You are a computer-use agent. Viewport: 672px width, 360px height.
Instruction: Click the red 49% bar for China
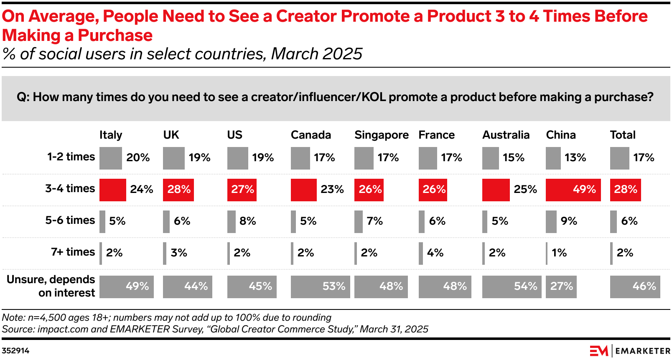(x=573, y=190)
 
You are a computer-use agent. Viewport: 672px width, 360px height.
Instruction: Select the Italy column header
(x=111, y=135)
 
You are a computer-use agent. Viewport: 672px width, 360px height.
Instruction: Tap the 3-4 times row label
(x=70, y=188)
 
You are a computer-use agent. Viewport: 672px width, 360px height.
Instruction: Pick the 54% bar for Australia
(x=512, y=286)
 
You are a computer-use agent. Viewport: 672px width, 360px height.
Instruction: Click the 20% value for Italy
(x=138, y=157)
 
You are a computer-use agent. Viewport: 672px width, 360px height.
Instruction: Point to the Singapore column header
(x=381, y=135)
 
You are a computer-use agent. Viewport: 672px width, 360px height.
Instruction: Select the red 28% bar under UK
(x=178, y=190)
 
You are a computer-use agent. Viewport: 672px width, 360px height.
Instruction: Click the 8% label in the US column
(x=247, y=221)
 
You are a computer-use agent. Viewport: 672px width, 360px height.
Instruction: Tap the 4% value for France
(x=435, y=253)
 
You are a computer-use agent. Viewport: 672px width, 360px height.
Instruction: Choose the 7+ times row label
(x=73, y=252)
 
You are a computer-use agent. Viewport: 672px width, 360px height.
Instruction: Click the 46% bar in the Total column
(x=635, y=286)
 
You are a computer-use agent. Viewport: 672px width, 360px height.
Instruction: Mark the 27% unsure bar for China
(x=561, y=286)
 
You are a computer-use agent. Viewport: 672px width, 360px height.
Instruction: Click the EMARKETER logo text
(x=642, y=351)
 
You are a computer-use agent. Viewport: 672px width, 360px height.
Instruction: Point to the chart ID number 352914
(x=15, y=351)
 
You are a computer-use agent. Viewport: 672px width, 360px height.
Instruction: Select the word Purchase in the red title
(x=115, y=35)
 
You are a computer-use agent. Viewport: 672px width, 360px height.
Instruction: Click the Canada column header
(x=311, y=135)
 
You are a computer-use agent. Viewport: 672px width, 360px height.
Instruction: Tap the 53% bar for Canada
(x=320, y=286)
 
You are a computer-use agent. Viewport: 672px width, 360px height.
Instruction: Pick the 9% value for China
(x=569, y=221)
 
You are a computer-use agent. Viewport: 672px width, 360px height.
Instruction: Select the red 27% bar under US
(x=242, y=190)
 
